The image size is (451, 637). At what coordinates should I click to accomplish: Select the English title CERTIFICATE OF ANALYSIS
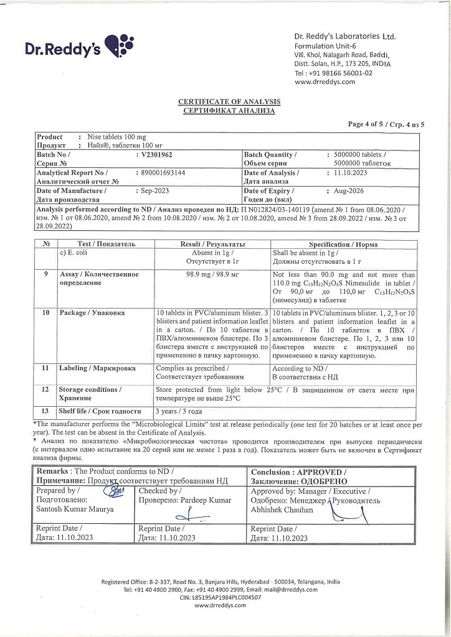point(229,101)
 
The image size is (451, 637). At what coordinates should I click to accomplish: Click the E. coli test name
point(76,253)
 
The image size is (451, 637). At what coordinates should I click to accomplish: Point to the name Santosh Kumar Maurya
point(75,509)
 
